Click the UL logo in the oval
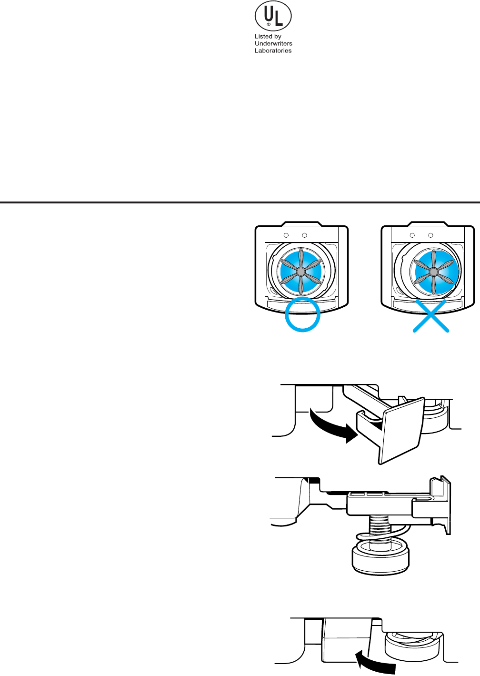point(273,16)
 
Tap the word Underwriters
point(273,43)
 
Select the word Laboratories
point(273,50)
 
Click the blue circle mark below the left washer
point(302,314)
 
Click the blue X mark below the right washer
point(430,315)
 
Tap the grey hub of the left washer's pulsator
point(301,271)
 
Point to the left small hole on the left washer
point(286,235)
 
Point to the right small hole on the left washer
point(305,235)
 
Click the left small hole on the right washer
point(412,235)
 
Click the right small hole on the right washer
point(431,235)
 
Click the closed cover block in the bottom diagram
point(346,641)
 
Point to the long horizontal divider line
point(240,202)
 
